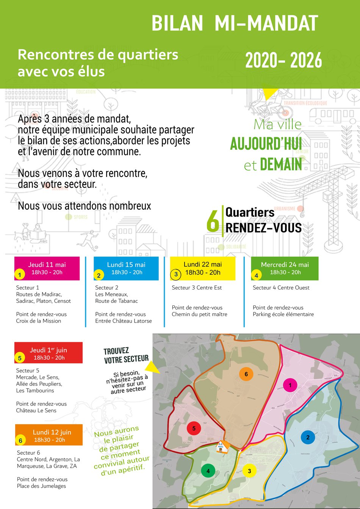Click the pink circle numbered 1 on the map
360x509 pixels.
[x=290, y=385]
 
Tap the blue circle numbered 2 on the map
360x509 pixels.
[x=308, y=437]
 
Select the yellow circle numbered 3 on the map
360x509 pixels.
[x=249, y=471]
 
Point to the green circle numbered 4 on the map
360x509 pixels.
[x=208, y=471]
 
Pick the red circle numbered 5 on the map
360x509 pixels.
[x=194, y=429]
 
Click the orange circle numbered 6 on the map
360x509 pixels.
[x=246, y=374]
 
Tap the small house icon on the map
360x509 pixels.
[x=222, y=447]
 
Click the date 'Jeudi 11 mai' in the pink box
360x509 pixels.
[x=47, y=265]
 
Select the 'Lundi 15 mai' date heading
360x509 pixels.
[x=126, y=265]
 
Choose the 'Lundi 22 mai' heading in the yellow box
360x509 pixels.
[x=203, y=264]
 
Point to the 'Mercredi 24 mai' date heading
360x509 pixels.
[x=285, y=265]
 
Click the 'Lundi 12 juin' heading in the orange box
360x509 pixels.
[x=52, y=432]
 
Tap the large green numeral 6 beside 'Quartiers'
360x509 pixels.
[x=213, y=221]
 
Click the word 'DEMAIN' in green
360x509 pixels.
[x=281, y=165]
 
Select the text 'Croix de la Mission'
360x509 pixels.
[x=39, y=321]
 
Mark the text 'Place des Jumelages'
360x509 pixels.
[x=41, y=486]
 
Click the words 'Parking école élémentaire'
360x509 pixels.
[x=283, y=314]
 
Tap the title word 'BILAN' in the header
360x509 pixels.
[x=177, y=23]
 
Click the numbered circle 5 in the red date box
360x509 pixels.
[x=20, y=358]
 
